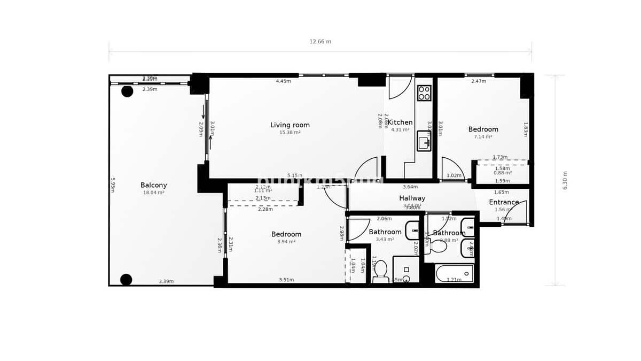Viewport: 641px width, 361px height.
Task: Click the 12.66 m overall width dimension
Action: point(320,42)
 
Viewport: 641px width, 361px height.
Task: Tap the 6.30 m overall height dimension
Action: point(565,181)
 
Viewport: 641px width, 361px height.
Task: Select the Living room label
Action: point(290,125)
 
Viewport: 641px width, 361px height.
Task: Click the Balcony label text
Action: point(153,186)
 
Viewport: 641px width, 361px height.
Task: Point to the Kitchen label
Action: point(400,122)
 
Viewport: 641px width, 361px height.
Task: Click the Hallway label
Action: point(412,198)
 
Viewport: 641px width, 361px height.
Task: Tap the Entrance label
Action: point(504,202)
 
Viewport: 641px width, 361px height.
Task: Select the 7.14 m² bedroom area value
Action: point(483,137)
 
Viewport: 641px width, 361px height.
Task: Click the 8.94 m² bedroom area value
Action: point(286,242)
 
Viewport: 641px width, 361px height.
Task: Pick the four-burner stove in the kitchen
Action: point(424,93)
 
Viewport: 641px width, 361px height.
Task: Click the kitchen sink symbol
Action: point(424,141)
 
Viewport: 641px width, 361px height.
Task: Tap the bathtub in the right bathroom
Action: point(454,274)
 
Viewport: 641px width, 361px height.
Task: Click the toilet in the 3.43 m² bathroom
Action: point(380,271)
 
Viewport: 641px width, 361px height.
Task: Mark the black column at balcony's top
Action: point(127,91)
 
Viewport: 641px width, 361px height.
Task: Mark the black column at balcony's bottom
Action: point(126,279)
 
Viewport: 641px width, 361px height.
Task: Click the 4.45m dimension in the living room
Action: point(283,81)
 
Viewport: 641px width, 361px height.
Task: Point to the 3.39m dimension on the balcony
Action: point(166,281)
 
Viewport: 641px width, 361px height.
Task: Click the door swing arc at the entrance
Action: point(518,211)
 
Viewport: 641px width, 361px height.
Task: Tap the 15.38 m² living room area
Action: point(290,133)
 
